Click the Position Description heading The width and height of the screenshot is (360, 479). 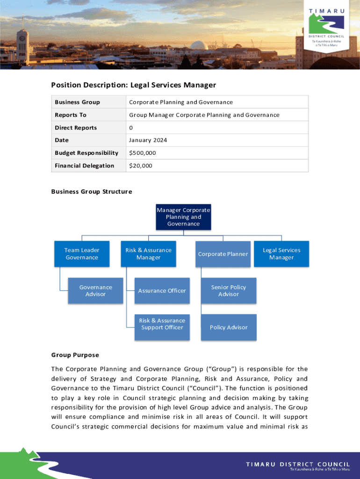(133, 85)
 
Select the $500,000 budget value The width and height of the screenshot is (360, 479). (143, 153)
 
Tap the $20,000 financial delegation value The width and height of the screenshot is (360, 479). (141, 166)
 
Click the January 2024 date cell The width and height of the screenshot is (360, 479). (148, 140)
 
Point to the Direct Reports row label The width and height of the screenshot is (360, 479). (76, 128)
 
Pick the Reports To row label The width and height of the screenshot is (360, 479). (71, 115)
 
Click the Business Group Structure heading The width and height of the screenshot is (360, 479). (91, 192)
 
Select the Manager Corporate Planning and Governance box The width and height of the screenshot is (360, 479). (183, 217)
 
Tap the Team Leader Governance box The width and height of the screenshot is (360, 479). (82, 254)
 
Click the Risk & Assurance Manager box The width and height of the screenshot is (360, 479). (148, 254)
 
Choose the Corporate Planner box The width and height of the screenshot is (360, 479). (223, 254)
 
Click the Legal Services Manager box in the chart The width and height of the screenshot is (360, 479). (281, 254)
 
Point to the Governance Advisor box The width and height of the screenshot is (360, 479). (96, 290)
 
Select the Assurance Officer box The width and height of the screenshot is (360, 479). (162, 290)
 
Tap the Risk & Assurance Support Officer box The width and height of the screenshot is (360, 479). (162, 324)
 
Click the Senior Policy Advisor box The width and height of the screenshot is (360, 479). (229, 290)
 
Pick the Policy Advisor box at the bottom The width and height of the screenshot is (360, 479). (229, 327)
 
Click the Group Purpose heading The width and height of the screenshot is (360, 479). (75, 355)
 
